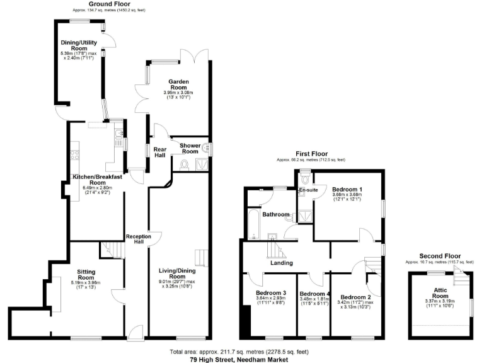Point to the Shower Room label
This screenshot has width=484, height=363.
pyautogui.click(x=190, y=149)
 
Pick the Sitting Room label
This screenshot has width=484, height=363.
pyautogui.click(x=86, y=274)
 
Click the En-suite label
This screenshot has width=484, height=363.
pyautogui.click(x=308, y=189)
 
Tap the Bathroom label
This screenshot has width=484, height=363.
pyautogui.click(x=275, y=215)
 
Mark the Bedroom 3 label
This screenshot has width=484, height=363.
pyautogui.click(x=271, y=293)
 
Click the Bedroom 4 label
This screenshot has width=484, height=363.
pyautogui.click(x=314, y=294)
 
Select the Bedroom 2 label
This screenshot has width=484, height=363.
pyautogui.click(x=355, y=297)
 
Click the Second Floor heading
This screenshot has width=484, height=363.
pyautogui.click(x=439, y=256)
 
